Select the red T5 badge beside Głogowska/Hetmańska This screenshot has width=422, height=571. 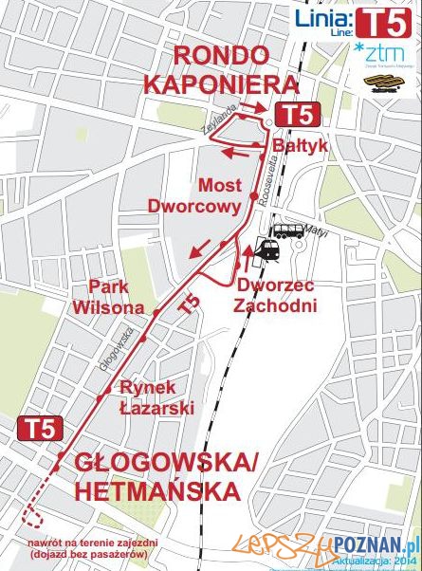(40, 428)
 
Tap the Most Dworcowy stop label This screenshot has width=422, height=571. (220, 193)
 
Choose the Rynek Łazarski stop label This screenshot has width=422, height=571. (156, 397)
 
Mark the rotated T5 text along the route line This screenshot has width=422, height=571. (190, 304)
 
